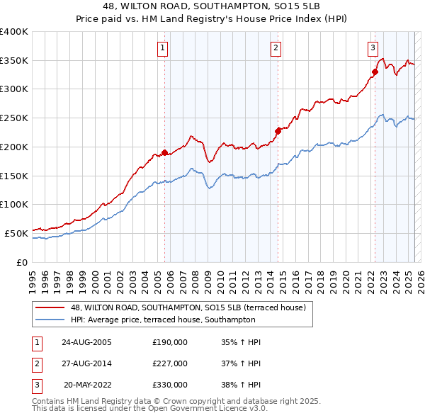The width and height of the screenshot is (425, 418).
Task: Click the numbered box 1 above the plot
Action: pyautogui.click(x=163, y=48)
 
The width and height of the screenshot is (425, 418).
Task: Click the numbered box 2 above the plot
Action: pyautogui.click(x=275, y=48)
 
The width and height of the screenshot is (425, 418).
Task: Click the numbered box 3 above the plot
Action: pyautogui.click(x=372, y=48)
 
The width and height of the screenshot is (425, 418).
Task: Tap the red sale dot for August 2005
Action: pyautogui.click(x=165, y=152)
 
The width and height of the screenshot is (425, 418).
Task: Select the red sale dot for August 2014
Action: pyautogui.click(x=278, y=130)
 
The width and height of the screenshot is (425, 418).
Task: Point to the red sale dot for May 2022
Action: pyautogui.click(x=375, y=71)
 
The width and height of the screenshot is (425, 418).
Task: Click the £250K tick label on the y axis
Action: pyautogui.click(x=14, y=118)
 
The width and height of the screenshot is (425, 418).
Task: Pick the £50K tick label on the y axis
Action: pyautogui.click(x=16, y=233)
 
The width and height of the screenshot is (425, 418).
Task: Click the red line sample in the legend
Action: pyautogui.click(x=50, y=307)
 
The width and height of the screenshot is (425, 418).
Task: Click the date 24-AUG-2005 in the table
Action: pyautogui.click(x=86, y=342)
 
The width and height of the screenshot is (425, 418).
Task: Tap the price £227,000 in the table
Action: pyautogui.click(x=170, y=363)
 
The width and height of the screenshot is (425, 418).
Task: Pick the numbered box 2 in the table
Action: pyautogui.click(x=35, y=363)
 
